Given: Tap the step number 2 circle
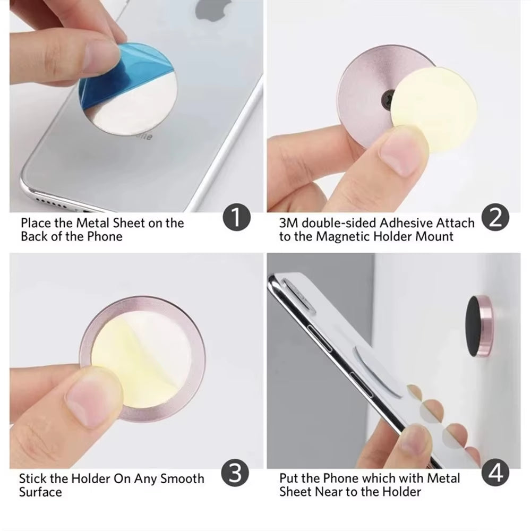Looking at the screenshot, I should tap(495, 219).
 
